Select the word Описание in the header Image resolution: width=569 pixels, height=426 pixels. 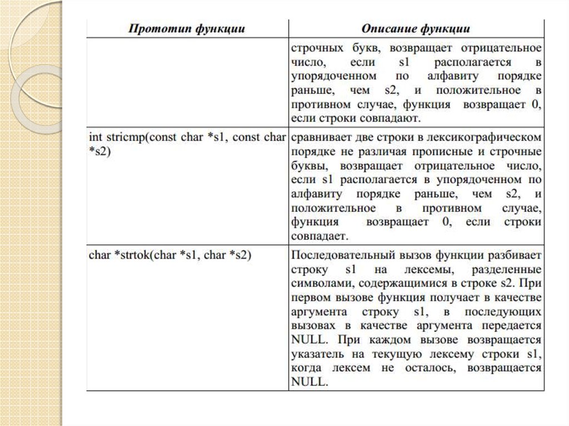[x=387, y=28]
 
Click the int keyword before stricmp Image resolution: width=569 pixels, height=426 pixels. [x=95, y=137]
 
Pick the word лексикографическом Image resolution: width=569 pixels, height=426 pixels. [x=490, y=137]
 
